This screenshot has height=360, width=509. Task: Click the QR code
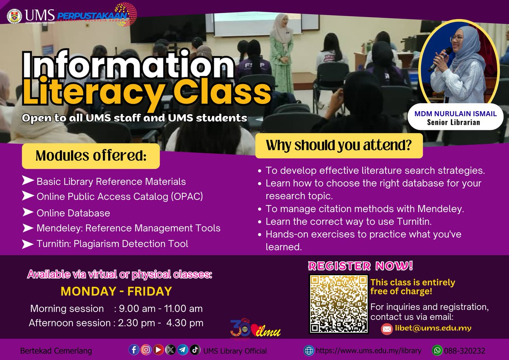coord(338,304)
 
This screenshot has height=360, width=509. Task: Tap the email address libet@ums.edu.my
coord(433,329)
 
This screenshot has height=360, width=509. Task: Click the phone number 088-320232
coord(464,351)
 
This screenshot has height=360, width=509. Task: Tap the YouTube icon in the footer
coord(159,350)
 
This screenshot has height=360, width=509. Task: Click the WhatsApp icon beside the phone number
coord(436,351)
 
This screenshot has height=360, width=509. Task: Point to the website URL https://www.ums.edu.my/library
coord(369,351)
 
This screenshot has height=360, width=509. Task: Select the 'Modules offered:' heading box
coord(91,156)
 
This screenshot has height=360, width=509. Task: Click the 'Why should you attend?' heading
coord(339,146)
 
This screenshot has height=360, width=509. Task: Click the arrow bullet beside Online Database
coord(28,211)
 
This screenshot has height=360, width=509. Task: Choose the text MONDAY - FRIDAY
coord(116,291)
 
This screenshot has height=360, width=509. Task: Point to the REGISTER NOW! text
coord(360,266)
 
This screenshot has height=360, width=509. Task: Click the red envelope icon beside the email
coord(386,329)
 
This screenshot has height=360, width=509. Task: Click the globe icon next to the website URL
coord(308,351)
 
